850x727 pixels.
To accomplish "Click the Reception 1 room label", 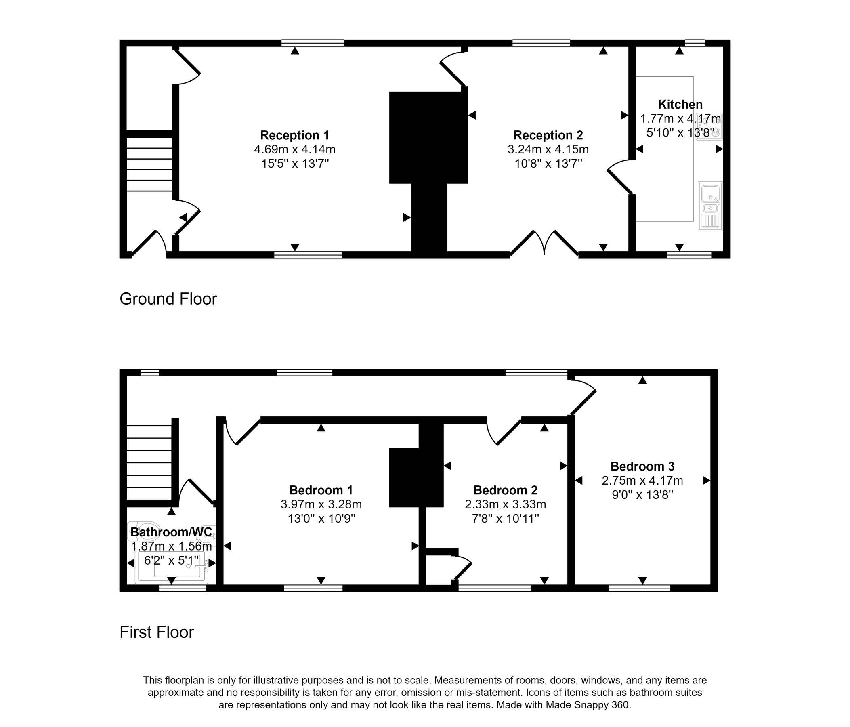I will (294, 135).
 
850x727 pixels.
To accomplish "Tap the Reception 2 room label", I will (548, 135).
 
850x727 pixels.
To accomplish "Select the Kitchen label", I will (680, 105).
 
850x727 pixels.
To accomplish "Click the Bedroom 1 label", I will (321, 490).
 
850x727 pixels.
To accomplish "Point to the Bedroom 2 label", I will (506, 490).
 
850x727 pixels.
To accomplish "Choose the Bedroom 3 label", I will (642, 466).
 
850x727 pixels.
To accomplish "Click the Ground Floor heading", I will (168, 299).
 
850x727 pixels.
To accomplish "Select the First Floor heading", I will (157, 632).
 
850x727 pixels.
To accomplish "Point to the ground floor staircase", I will (149, 164).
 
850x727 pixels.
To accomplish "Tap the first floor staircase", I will (149, 462).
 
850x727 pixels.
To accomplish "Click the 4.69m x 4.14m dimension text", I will (294, 149).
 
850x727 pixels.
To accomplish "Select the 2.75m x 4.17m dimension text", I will (642, 481).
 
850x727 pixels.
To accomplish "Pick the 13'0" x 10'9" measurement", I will (321, 519).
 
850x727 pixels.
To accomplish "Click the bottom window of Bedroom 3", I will (639, 588).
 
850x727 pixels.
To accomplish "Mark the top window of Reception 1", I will (313, 43).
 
